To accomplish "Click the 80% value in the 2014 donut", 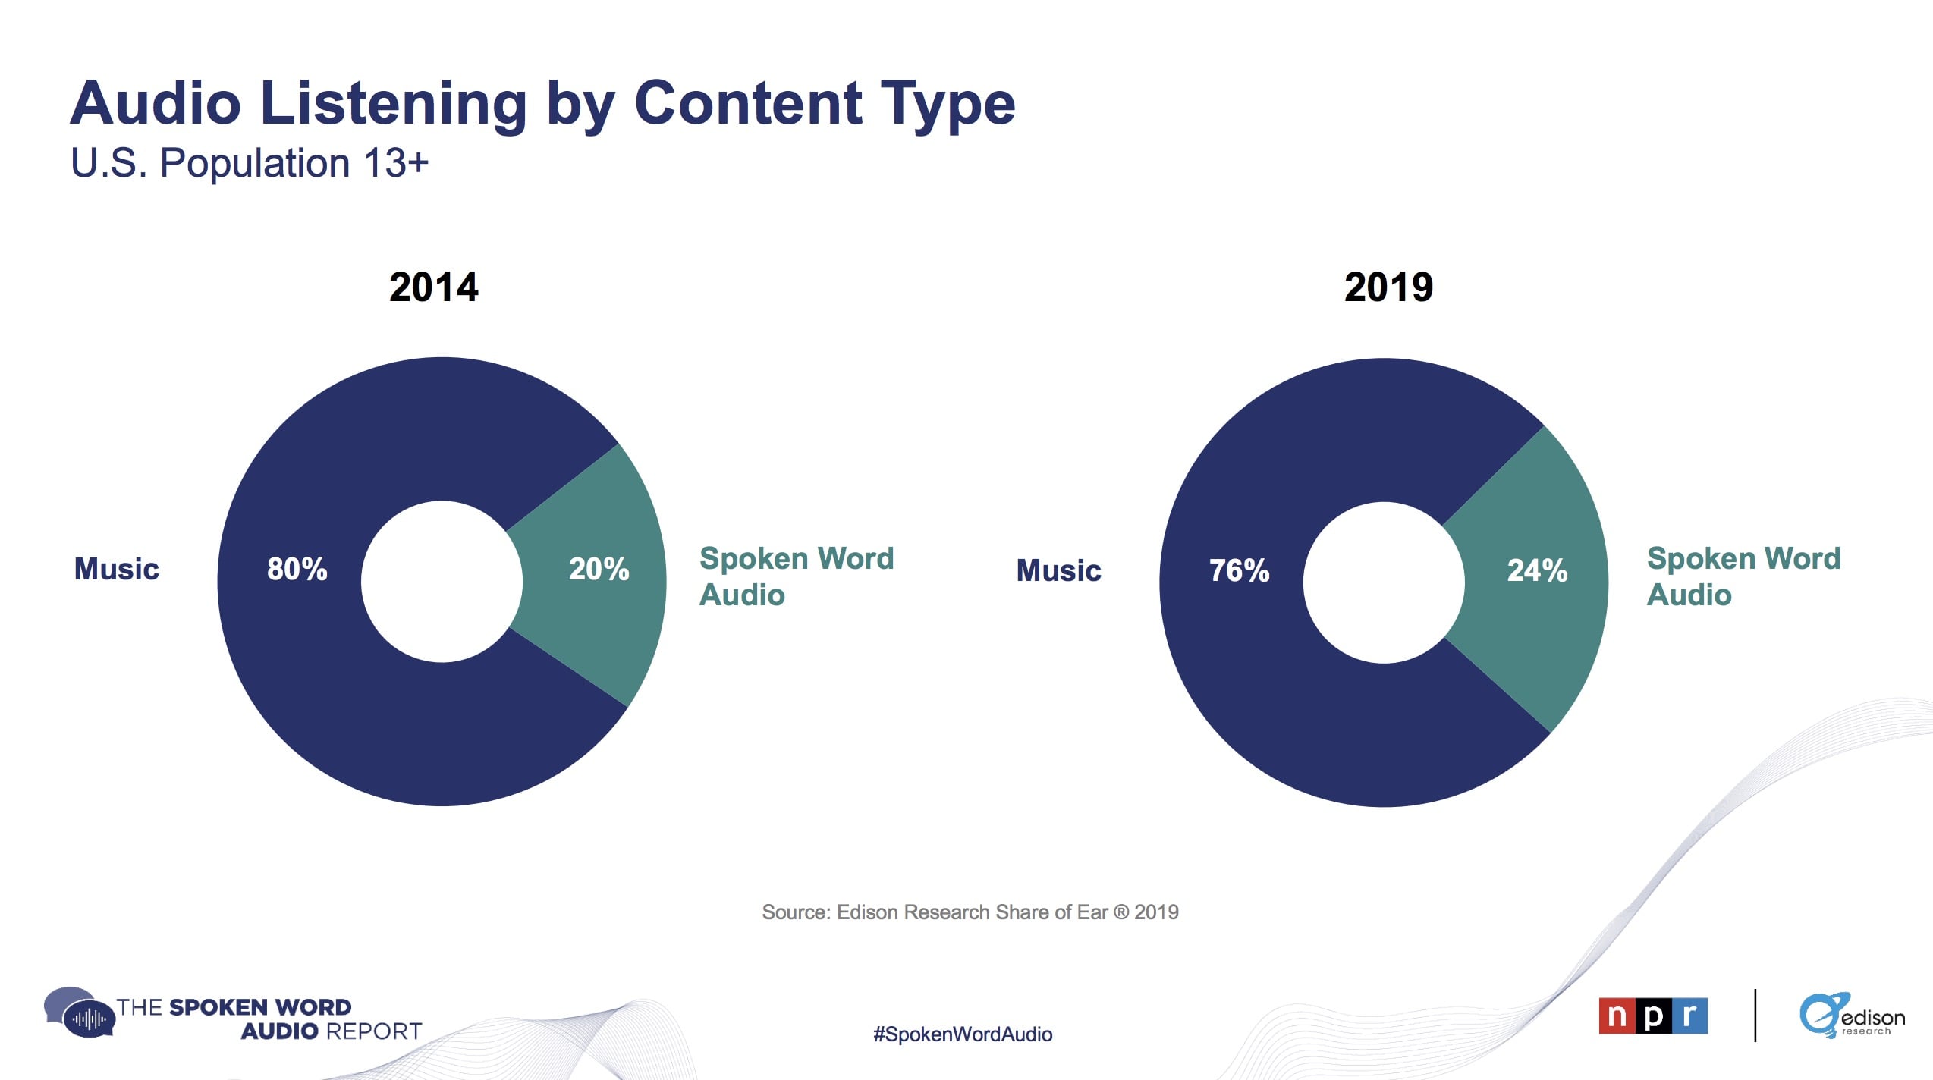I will point(297,569).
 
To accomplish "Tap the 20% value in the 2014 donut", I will point(599,569).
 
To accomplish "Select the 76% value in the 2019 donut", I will point(1239,570).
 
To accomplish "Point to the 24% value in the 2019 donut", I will point(1537,570).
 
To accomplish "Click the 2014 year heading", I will point(434,287).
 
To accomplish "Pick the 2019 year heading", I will point(1388,287).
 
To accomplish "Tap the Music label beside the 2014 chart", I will point(117,569).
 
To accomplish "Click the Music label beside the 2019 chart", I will point(1058,570).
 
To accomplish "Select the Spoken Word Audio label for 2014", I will point(797,576).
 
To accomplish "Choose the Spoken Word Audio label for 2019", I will point(1743,576).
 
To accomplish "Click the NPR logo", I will point(1653,1016).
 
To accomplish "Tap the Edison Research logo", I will point(1851,1016).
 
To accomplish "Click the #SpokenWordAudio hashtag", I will point(963,1034).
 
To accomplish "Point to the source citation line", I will point(970,912).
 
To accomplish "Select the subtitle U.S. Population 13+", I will point(250,163).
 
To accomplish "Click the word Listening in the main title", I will point(393,104).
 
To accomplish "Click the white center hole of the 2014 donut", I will point(442,582).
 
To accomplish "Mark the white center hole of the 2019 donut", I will point(1384,582).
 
